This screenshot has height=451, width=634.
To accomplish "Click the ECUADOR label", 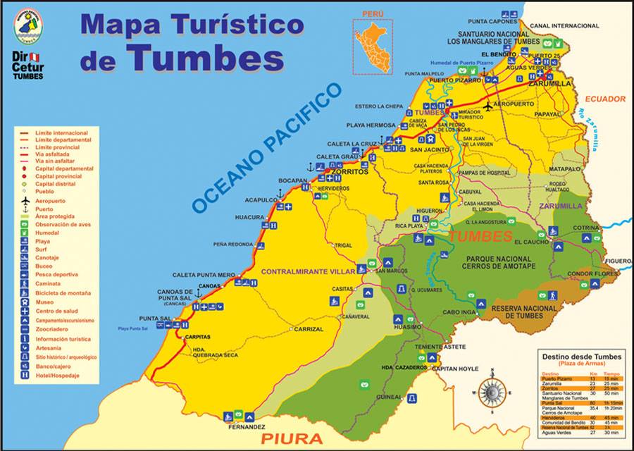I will [x=604, y=99].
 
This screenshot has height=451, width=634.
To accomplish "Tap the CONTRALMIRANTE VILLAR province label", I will [x=308, y=271].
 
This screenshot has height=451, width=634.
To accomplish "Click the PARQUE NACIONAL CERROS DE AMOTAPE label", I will [x=498, y=263].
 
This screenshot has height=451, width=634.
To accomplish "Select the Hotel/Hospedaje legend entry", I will [x=57, y=376].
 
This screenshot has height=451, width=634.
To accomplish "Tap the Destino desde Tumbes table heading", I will [x=576, y=357].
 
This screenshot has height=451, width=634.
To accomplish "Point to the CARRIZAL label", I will [x=309, y=329].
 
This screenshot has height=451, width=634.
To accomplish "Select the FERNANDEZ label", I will [x=247, y=427].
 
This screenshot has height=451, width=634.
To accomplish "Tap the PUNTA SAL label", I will [x=155, y=319].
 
